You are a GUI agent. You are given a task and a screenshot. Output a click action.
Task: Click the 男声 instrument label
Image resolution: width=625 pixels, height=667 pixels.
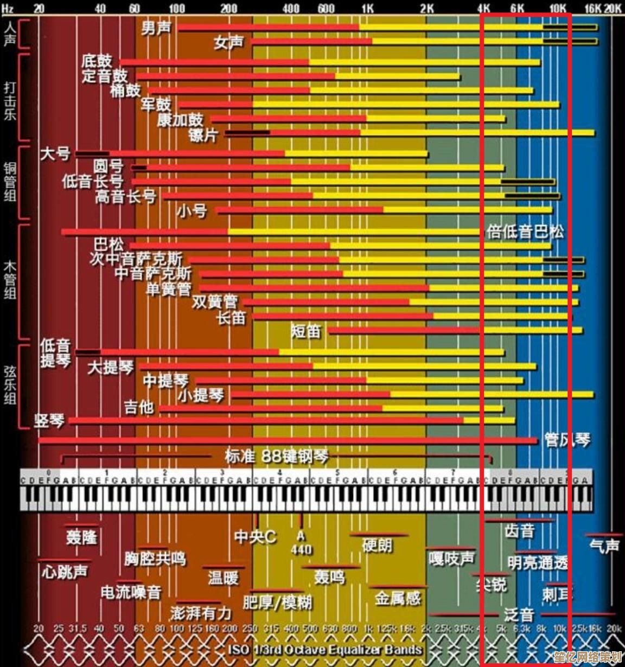click(156, 28)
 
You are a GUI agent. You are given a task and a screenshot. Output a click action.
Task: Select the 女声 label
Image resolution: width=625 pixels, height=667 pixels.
click(228, 42)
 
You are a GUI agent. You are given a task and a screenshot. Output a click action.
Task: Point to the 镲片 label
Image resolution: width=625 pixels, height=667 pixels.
click(203, 134)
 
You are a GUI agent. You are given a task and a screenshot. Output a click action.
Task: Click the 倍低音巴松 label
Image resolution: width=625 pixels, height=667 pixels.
click(525, 232)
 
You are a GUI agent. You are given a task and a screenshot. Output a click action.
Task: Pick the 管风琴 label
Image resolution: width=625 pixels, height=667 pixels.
click(567, 440)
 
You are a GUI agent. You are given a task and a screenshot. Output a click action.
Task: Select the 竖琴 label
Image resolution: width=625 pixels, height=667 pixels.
click(49, 420)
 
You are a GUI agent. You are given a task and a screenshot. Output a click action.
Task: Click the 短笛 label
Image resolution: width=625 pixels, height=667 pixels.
click(306, 330)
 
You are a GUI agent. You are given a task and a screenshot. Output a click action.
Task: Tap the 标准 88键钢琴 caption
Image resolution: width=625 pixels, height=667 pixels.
click(276, 456)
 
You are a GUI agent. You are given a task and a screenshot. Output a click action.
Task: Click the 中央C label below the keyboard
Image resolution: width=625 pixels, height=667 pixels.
click(255, 537)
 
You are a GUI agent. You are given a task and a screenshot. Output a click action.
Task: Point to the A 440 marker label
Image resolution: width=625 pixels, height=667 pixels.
click(301, 543)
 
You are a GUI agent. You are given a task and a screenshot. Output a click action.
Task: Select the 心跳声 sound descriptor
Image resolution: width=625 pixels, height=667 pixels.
click(65, 571)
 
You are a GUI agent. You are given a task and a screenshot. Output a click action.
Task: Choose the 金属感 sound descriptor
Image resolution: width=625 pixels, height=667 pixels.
click(398, 598)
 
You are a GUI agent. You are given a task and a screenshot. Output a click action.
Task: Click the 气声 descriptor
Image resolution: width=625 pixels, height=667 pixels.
click(604, 545)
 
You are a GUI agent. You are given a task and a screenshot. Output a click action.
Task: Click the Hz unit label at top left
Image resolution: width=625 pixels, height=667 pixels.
click(8, 8)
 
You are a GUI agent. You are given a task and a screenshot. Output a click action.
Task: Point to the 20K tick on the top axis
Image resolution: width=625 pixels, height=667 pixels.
click(613, 8)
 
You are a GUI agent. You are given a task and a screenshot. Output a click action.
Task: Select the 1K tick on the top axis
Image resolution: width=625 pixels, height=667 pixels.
click(367, 8)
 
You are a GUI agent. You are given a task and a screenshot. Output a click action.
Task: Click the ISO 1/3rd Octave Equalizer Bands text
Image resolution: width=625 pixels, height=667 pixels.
click(325, 649)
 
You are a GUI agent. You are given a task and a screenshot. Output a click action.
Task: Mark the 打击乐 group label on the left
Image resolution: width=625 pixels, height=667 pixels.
click(10, 100)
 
